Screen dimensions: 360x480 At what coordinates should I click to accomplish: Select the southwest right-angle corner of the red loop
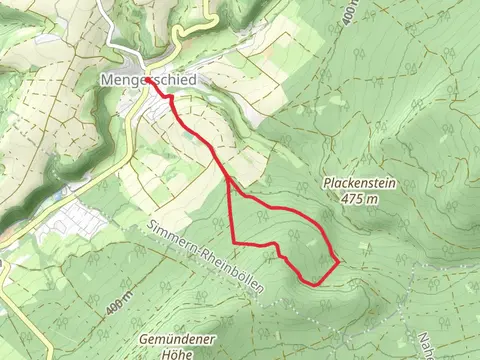(x=234, y=243)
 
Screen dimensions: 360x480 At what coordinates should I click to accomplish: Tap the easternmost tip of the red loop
(x=339, y=261)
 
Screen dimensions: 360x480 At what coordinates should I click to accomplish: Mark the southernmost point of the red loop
(x=317, y=284)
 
